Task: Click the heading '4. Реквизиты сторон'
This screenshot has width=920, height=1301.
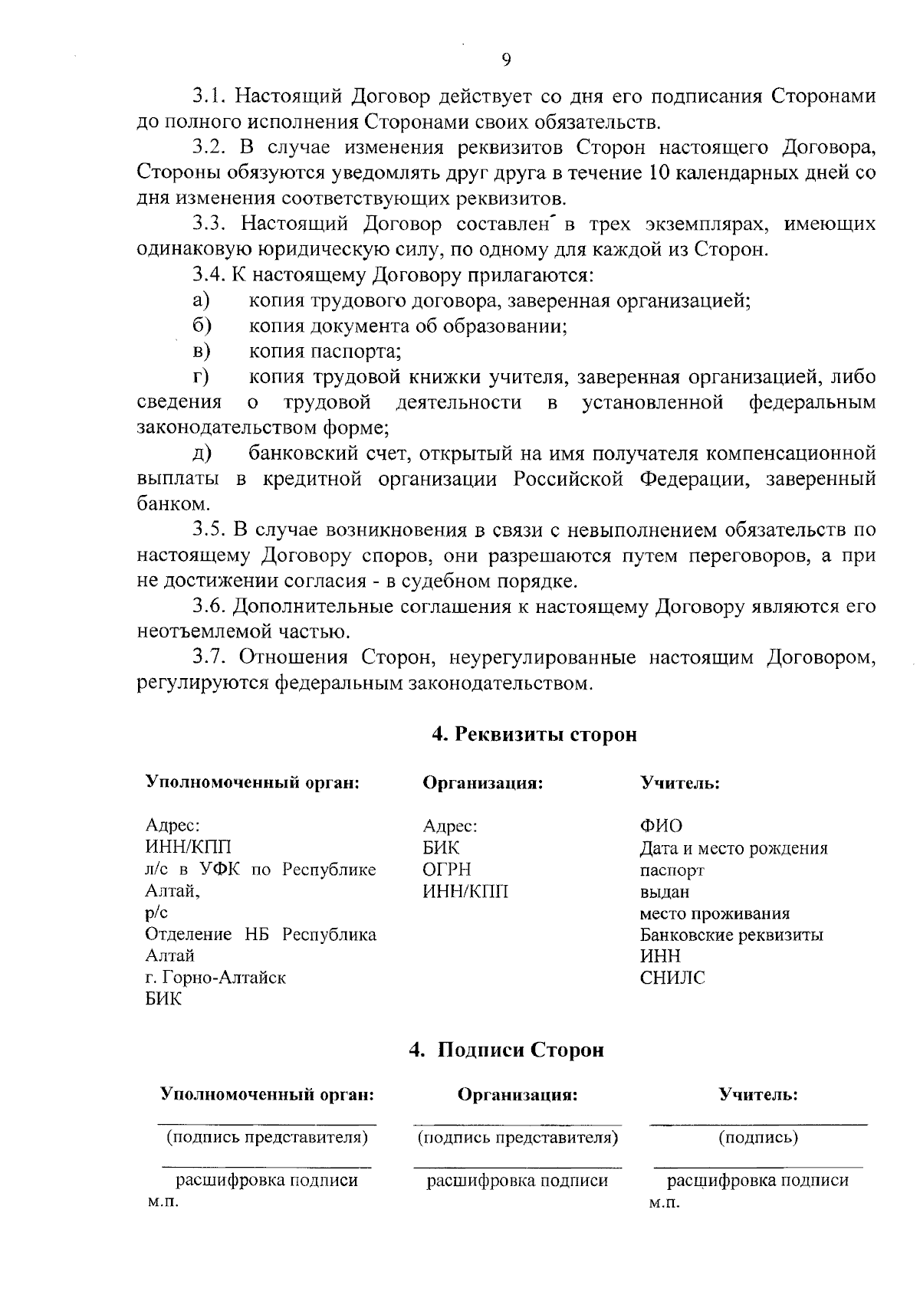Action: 534,734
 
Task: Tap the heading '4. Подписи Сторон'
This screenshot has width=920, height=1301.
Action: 507,1050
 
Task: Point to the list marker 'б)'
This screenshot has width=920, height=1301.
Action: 202,326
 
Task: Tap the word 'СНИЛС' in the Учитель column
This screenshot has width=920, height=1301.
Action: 672,978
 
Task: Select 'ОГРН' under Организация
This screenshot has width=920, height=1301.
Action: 447,870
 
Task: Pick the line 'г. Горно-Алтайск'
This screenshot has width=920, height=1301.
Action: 215,978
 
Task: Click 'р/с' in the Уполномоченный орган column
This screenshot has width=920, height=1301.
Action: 156,913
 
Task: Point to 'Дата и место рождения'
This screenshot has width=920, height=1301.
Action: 733,848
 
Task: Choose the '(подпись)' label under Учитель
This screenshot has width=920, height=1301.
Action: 757,1137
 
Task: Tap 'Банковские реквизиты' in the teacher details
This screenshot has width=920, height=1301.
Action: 731,935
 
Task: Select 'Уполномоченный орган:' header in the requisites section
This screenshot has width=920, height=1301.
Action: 252,783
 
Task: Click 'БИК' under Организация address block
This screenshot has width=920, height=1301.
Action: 441,848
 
